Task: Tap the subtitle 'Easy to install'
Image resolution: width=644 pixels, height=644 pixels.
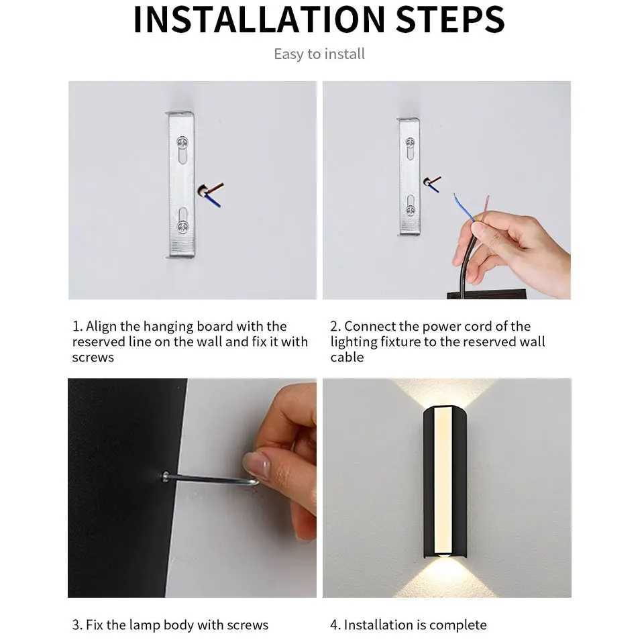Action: (319, 54)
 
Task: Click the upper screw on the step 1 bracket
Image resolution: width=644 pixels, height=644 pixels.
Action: (181, 142)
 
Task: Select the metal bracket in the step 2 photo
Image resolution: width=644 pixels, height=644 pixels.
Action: (409, 176)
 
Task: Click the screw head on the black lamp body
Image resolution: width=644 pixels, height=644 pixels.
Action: (165, 476)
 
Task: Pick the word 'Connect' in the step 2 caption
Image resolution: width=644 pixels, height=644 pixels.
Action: (370, 327)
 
